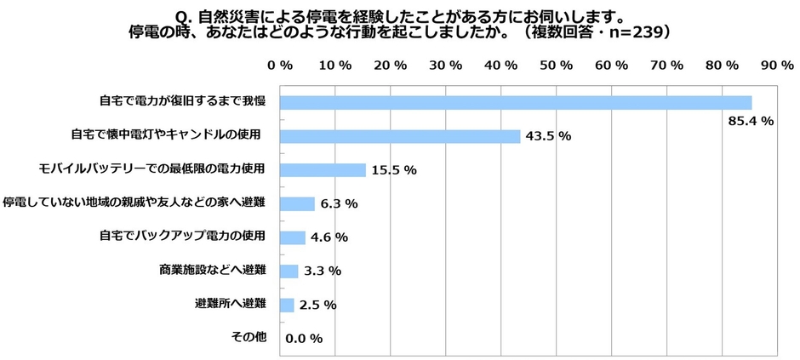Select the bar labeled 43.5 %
point(399,136)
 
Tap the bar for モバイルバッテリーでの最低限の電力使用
point(323,169)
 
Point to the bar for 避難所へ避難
point(287,304)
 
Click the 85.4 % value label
point(751,121)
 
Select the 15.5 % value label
point(393,170)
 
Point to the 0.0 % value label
point(304,339)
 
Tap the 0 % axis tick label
point(280,65)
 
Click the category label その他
point(249,337)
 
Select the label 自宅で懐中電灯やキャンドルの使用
point(168,134)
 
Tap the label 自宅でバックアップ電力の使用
point(182,236)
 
